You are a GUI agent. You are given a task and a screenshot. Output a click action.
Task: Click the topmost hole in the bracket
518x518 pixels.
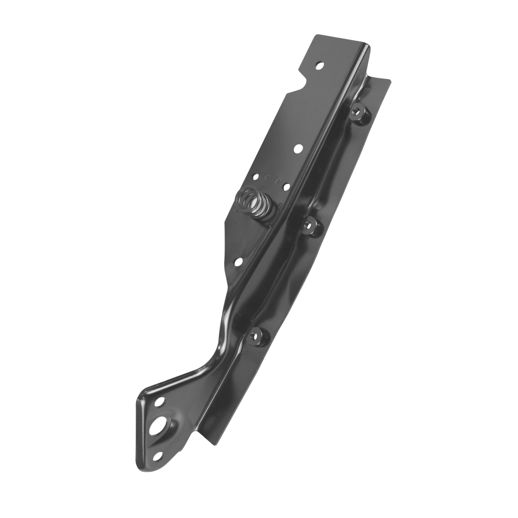point(320,66)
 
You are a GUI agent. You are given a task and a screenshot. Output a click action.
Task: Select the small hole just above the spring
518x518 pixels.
point(256,177)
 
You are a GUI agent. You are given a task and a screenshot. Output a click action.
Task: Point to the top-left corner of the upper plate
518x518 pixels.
point(314,38)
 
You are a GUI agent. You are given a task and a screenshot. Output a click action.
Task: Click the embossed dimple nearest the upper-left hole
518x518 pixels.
point(266,177)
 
